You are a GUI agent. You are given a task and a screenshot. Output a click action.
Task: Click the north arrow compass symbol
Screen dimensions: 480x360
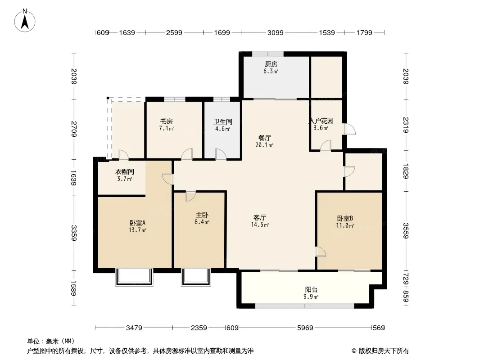(x=25, y=21)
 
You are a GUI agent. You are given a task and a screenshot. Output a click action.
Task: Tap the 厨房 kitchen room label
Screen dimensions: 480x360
(x=271, y=64)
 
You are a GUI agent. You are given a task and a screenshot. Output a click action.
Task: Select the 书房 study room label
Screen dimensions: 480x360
(x=167, y=121)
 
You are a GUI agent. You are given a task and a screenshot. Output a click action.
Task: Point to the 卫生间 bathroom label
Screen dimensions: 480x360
(x=222, y=122)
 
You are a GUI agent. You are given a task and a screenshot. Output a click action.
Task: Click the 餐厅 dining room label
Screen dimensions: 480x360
(x=264, y=138)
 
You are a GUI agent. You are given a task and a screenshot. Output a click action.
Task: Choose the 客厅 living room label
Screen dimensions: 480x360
(x=260, y=217)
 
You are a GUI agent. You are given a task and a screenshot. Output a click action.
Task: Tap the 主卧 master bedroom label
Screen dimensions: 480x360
(x=202, y=215)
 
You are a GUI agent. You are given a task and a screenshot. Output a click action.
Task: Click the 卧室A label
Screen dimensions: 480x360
(x=137, y=223)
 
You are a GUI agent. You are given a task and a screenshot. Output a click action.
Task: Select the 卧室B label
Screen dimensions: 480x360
(x=345, y=218)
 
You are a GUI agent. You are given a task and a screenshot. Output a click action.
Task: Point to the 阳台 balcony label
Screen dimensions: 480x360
(x=311, y=289)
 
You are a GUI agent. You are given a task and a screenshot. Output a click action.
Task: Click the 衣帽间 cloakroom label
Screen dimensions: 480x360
(x=124, y=172)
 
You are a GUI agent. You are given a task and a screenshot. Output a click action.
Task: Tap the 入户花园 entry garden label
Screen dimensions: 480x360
(x=321, y=121)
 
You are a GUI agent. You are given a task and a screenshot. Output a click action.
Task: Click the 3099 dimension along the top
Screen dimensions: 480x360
(x=275, y=32)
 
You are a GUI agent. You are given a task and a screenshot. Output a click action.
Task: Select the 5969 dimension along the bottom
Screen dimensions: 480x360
(x=305, y=328)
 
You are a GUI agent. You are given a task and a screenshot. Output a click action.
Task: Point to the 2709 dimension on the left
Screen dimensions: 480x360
(x=74, y=129)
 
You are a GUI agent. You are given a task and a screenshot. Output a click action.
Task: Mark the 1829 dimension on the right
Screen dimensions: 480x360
(x=406, y=171)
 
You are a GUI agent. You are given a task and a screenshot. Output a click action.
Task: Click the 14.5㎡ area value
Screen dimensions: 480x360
(x=260, y=225)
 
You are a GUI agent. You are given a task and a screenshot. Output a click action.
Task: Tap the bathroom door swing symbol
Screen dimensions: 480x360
(x=221, y=154)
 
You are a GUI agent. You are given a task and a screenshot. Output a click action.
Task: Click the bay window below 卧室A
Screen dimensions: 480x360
(x=134, y=277)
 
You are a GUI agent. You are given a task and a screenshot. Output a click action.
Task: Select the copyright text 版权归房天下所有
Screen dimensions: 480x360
(x=384, y=351)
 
